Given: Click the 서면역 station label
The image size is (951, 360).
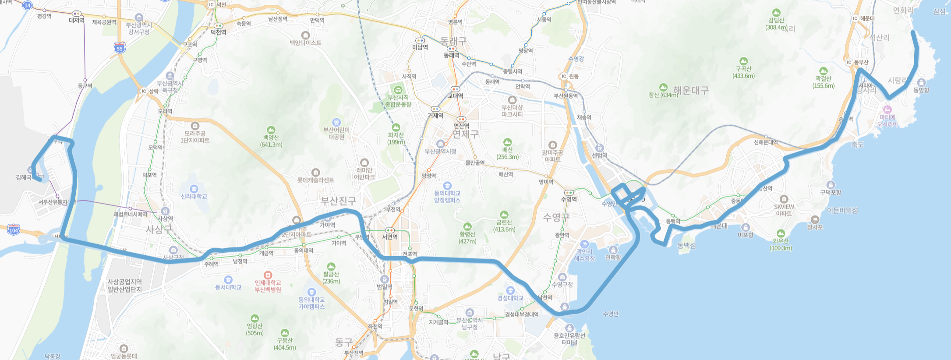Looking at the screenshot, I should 390,237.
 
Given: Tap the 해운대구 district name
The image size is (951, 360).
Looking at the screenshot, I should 691,91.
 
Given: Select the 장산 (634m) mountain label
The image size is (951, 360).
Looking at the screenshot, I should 663,95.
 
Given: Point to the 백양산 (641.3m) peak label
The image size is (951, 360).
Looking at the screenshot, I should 271,141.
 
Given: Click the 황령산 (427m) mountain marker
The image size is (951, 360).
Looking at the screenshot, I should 467,227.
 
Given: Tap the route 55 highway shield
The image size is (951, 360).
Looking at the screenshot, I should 120,48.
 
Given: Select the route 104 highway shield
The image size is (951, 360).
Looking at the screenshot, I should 14,229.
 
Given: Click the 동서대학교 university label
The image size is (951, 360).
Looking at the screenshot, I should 228,287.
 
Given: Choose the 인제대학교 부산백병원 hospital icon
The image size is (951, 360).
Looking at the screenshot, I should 268,275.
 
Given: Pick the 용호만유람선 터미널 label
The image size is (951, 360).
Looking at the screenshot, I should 569,339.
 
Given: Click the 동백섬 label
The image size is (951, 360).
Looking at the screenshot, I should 686,246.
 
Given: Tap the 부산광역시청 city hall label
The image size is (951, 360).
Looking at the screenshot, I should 441,152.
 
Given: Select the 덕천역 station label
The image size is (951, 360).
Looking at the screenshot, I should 218,32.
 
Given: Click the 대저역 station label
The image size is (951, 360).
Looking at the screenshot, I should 77,20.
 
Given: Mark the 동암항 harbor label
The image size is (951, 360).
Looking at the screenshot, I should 921,90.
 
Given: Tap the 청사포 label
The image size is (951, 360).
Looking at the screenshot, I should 815,227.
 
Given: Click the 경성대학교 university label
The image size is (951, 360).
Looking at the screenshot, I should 510,298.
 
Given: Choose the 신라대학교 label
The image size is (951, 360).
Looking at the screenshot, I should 194,196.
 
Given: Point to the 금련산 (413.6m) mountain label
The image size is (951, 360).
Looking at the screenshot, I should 504,226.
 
